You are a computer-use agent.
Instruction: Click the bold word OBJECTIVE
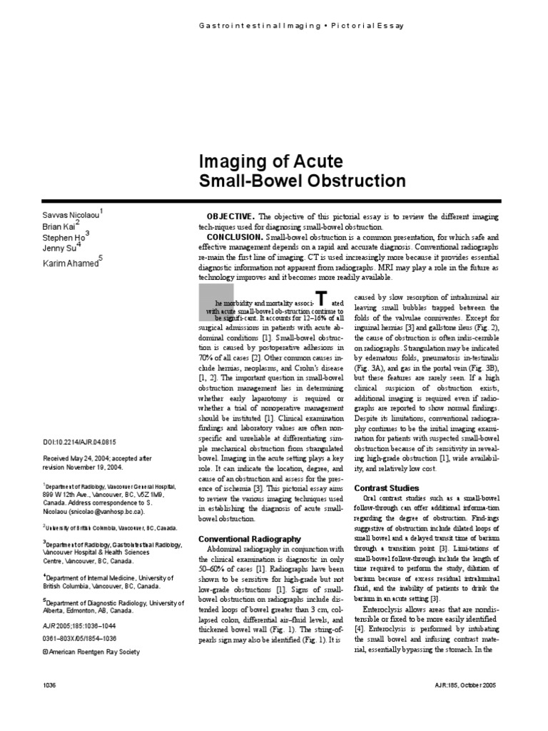[x=230, y=216]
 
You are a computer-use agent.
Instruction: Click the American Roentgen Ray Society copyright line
[x=91, y=652]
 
